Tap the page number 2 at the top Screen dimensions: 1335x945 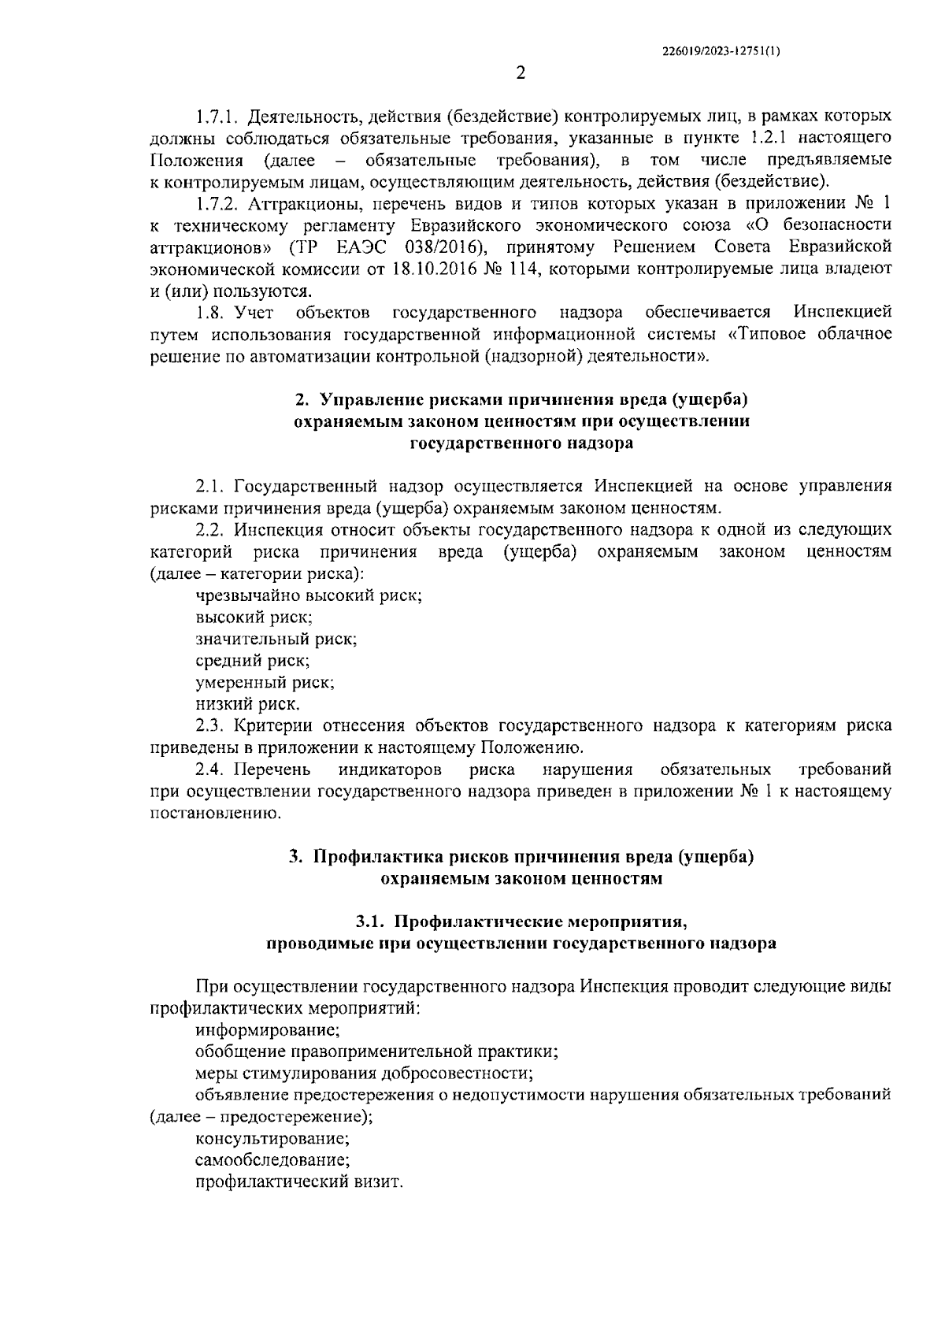(520, 74)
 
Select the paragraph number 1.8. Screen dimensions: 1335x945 (210, 313)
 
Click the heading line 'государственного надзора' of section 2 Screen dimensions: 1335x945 (521, 443)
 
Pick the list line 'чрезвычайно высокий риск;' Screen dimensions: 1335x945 (309, 595)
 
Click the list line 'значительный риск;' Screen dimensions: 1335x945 (276, 639)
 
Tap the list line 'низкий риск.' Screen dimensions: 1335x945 (247, 704)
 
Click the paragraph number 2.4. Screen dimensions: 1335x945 (210, 769)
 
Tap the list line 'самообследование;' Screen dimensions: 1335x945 (272, 1160)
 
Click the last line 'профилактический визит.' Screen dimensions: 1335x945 (299, 1182)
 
